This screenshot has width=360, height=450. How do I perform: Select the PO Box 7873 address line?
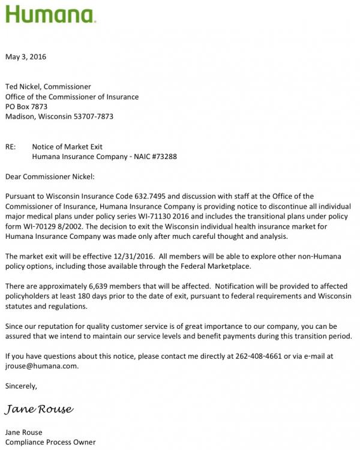pyautogui.click(x=26, y=107)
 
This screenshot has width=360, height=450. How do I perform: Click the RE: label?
pyautogui.click(x=11, y=146)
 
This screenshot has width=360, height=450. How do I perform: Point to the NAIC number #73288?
pyautogui.click(x=162, y=157)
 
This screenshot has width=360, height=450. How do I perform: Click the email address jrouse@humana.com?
pyautogui.click(x=41, y=365)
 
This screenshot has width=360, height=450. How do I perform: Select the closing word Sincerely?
pyautogui.click(x=21, y=386)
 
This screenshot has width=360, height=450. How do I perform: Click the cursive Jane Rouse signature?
pyautogui.click(x=40, y=409)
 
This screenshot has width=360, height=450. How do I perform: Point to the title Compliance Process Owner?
pyautogui.click(x=50, y=442)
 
